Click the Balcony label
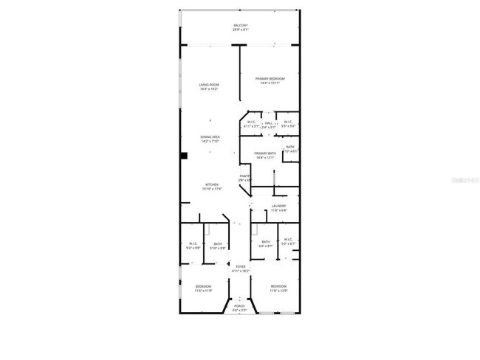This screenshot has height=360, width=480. pos(240,26)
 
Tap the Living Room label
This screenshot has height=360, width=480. pos(209,85)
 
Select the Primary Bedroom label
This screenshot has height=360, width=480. pos(270,78)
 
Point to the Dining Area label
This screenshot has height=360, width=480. pos(210,137)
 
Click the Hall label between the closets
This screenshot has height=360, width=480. pos(270,122)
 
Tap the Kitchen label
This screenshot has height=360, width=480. pos(212,185)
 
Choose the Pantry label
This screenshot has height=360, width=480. pos(245,176)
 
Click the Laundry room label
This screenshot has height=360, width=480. pos(278,206)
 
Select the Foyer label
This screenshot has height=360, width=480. pos(240,267)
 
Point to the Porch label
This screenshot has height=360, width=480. pos(239,305)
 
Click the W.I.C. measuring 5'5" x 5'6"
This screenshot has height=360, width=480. pos(288,124)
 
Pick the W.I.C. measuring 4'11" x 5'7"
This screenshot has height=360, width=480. pos(251,124)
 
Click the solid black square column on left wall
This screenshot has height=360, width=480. pos(185,155)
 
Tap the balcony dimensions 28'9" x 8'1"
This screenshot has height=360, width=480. pos(240,30)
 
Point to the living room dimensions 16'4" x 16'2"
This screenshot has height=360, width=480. pos(209,89)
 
